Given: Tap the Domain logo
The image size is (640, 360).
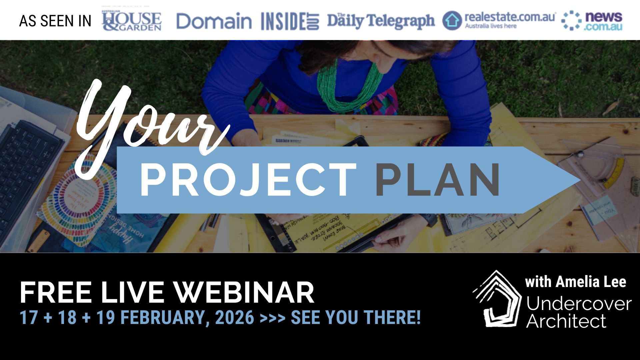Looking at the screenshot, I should point(214,21).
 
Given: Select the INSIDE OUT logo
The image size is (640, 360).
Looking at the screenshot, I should point(290,21).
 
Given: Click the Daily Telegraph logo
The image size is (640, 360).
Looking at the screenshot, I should point(381,21).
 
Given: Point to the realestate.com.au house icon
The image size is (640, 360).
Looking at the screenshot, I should point(452,21).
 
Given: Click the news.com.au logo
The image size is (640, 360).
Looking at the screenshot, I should point(592,21).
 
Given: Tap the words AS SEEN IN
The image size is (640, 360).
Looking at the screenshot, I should point(55,21).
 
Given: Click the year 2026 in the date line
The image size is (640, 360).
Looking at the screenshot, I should point(235,317).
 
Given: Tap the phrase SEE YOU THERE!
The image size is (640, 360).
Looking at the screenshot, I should point(356,317).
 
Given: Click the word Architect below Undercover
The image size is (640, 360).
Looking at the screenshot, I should point(566,321).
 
